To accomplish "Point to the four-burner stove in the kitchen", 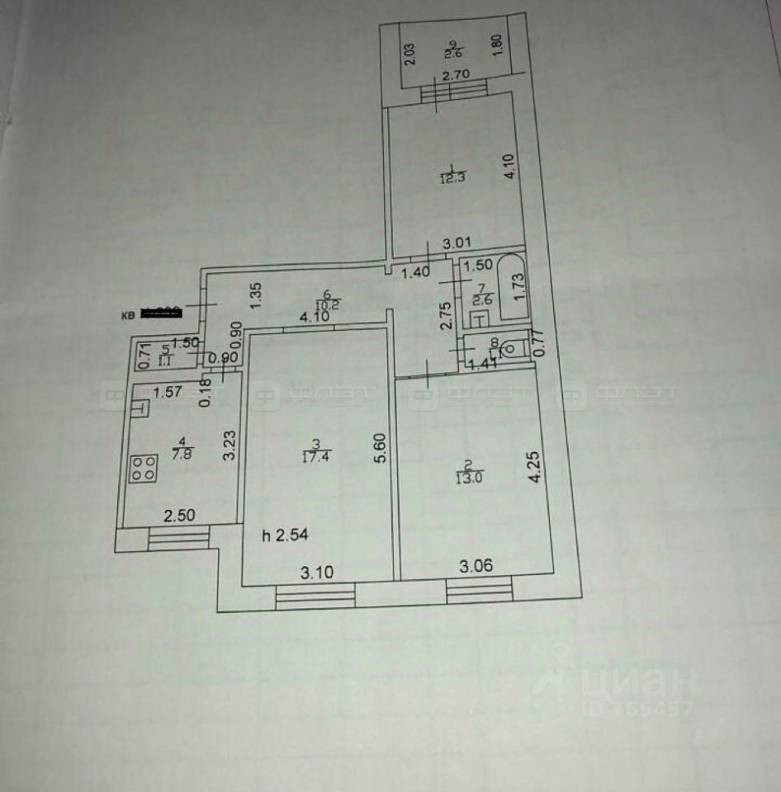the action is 144,469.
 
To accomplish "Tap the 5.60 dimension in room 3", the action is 379,450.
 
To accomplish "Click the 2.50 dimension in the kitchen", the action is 179,516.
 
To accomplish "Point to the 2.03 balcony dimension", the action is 409,54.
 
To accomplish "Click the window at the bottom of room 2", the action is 479,589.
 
